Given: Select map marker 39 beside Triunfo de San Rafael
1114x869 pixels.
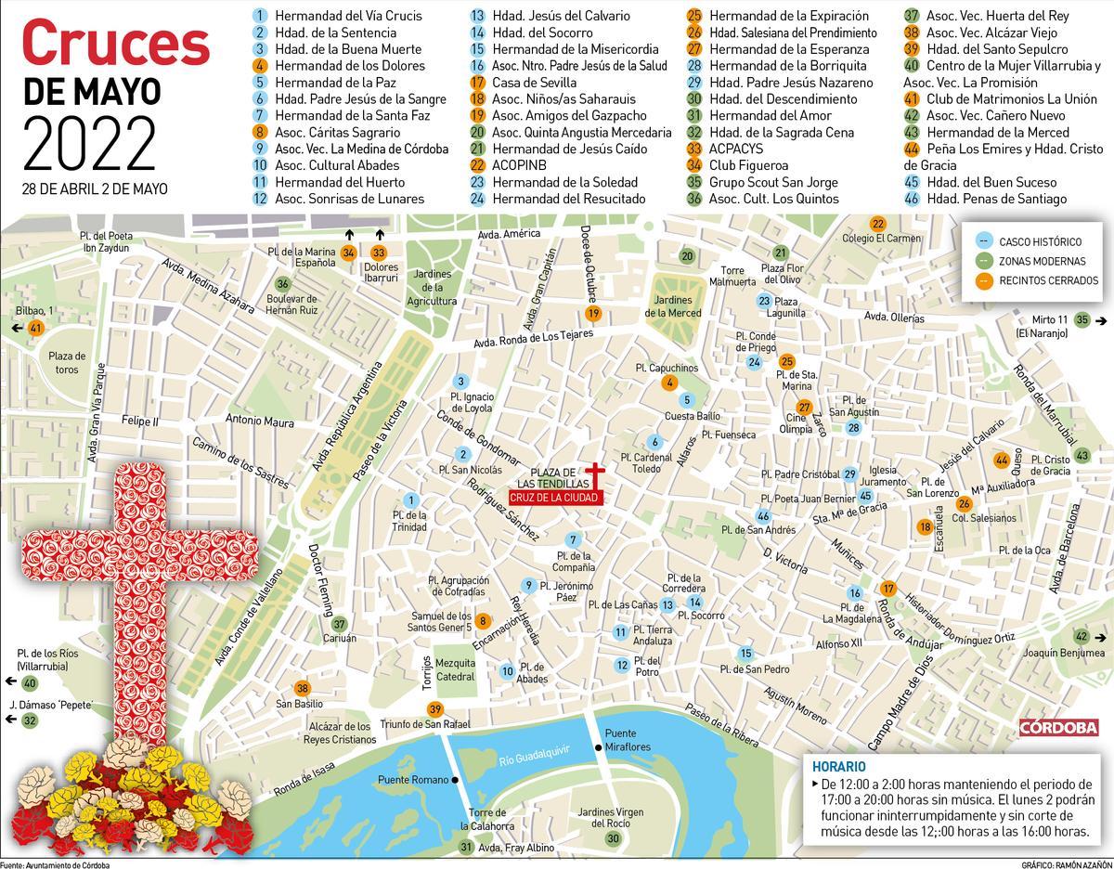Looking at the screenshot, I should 434,710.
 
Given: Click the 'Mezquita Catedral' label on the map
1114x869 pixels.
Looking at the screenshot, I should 455,670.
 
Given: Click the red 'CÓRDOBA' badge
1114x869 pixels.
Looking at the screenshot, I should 1058,727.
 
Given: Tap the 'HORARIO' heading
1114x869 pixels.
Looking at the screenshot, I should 838,767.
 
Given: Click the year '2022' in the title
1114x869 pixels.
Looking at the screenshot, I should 89,142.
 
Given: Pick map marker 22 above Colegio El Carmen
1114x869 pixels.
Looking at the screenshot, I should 876,223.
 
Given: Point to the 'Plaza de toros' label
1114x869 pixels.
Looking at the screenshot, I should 67,362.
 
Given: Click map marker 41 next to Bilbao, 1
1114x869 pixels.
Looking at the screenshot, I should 37,328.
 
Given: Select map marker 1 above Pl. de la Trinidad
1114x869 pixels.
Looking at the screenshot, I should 412,500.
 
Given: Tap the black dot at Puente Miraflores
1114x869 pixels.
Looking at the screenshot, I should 598,747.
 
